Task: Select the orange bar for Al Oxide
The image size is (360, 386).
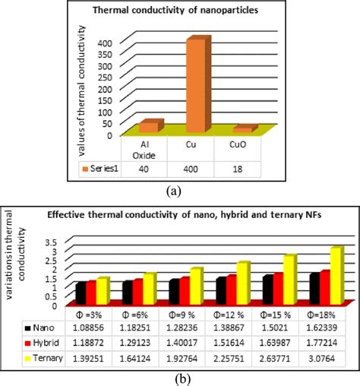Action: [x=149, y=127]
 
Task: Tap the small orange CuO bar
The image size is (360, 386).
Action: [x=243, y=130]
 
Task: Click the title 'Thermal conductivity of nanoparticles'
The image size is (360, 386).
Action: [x=180, y=11]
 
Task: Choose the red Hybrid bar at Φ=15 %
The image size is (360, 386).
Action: [x=277, y=287]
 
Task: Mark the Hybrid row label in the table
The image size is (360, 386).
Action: [x=42, y=343]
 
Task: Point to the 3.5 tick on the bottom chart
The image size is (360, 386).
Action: [x=54, y=241]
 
